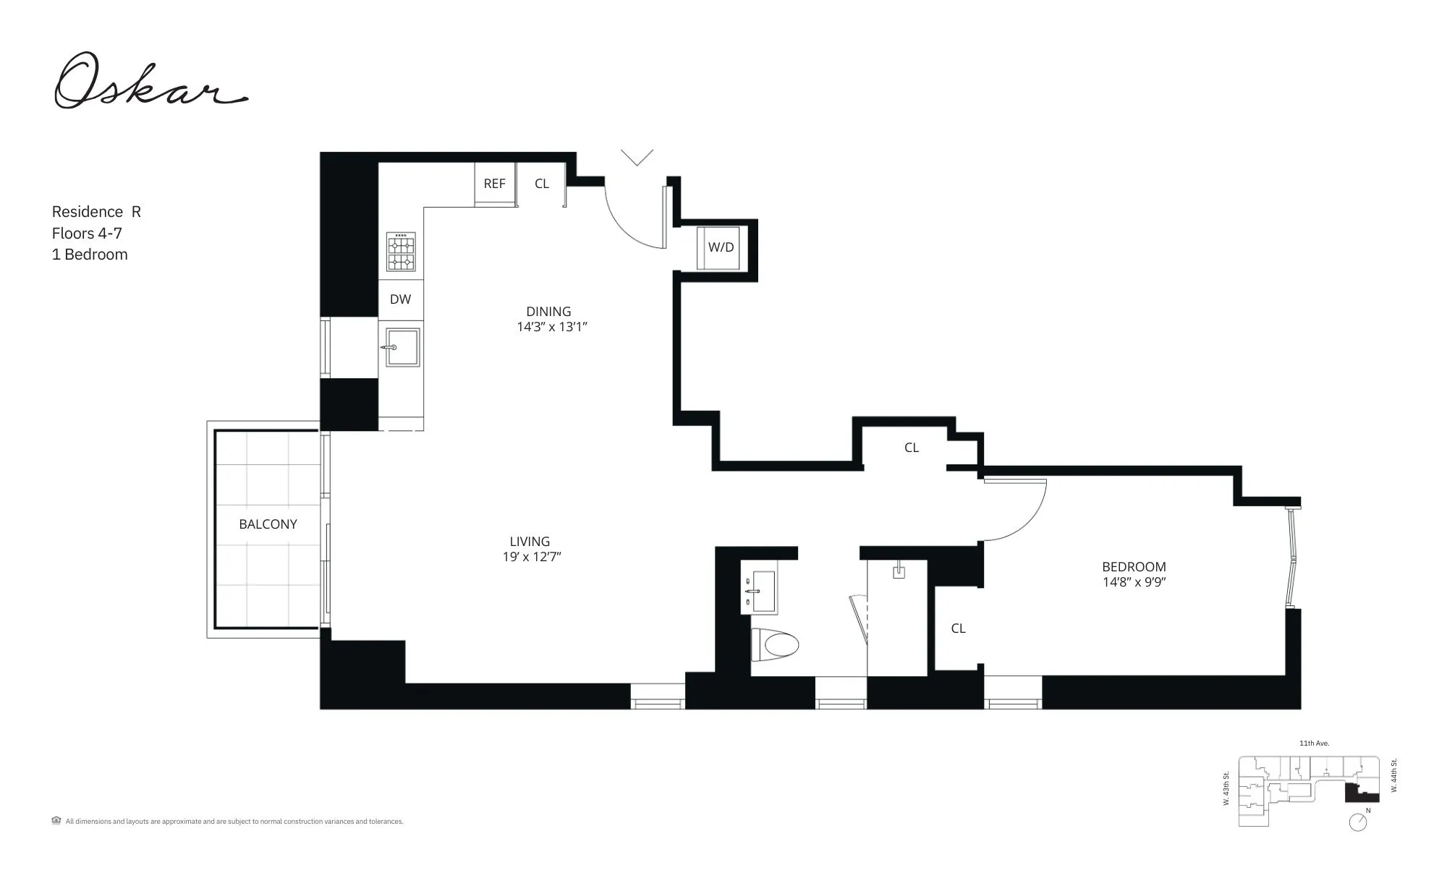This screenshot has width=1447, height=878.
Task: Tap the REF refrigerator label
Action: (x=494, y=184)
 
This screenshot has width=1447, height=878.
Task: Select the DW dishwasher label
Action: (x=400, y=299)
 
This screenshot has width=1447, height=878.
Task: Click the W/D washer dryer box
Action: (x=721, y=247)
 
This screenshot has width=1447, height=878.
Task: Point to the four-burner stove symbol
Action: (x=401, y=252)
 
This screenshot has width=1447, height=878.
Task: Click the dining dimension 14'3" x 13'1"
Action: (x=551, y=327)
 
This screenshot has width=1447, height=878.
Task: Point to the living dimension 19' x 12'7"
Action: (x=532, y=557)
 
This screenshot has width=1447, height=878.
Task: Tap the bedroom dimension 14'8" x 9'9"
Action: (x=1134, y=582)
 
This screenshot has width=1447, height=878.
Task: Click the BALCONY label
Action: (x=268, y=524)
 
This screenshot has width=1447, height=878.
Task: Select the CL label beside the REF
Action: (x=541, y=184)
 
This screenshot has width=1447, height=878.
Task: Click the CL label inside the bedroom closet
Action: (x=958, y=628)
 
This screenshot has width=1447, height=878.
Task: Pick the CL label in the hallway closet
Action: (x=911, y=448)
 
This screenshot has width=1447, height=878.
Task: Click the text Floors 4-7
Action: (x=87, y=233)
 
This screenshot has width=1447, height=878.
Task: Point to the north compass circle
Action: (x=1358, y=822)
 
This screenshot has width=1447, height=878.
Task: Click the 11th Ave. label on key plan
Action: (x=1314, y=743)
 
